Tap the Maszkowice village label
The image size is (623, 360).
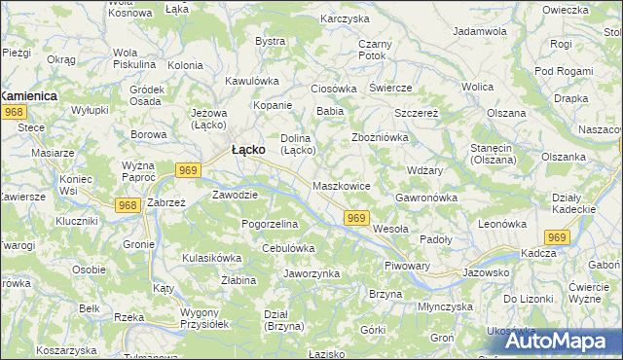(341, 185)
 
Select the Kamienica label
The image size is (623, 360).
(28, 96)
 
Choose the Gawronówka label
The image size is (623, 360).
(426, 198)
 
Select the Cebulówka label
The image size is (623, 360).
(288, 248)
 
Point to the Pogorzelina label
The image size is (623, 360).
(270, 224)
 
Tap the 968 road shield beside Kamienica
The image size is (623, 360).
(14, 113)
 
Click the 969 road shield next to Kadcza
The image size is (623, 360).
(557, 237)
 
